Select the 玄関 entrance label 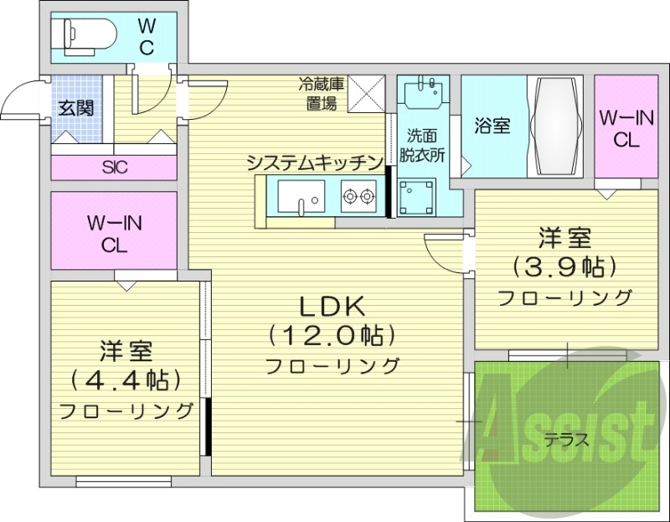click(x=75, y=108)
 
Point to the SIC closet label click(x=115, y=167)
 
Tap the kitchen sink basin click(x=300, y=199)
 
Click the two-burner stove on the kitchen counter click(x=358, y=199)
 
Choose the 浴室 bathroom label click(x=492, y=126)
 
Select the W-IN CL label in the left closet click(x=115, y=234)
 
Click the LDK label click(x=331, y=307)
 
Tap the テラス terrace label click(x=566, y=438)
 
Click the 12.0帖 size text click(x=332, y=336)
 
